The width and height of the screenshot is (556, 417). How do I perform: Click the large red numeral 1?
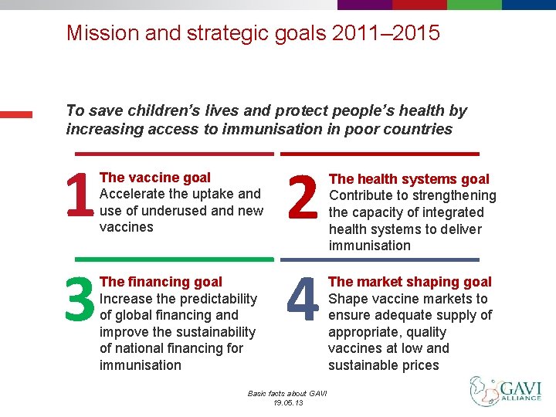tap(80, 196)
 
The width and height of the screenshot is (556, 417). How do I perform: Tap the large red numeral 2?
tap(302, 196)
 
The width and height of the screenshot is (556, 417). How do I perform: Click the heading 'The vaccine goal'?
tap(155, 178)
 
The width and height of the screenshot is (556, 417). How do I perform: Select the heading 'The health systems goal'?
tap(409, 179)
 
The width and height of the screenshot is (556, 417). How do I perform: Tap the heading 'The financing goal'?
tap(161, 282)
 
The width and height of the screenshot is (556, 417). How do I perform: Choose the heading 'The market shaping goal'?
tap(410, 282)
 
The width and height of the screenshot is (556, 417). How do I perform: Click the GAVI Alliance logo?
tap(506, 391)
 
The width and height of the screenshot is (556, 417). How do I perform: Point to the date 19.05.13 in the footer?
tap(287, 403)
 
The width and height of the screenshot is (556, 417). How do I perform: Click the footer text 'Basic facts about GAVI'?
tap(287, 394)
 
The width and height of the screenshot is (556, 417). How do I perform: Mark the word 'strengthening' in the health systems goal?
tap(452, 195)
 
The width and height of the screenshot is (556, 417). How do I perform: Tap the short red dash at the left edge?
tap(16, 114)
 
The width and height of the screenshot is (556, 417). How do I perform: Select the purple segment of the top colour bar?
tap(364, 4)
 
